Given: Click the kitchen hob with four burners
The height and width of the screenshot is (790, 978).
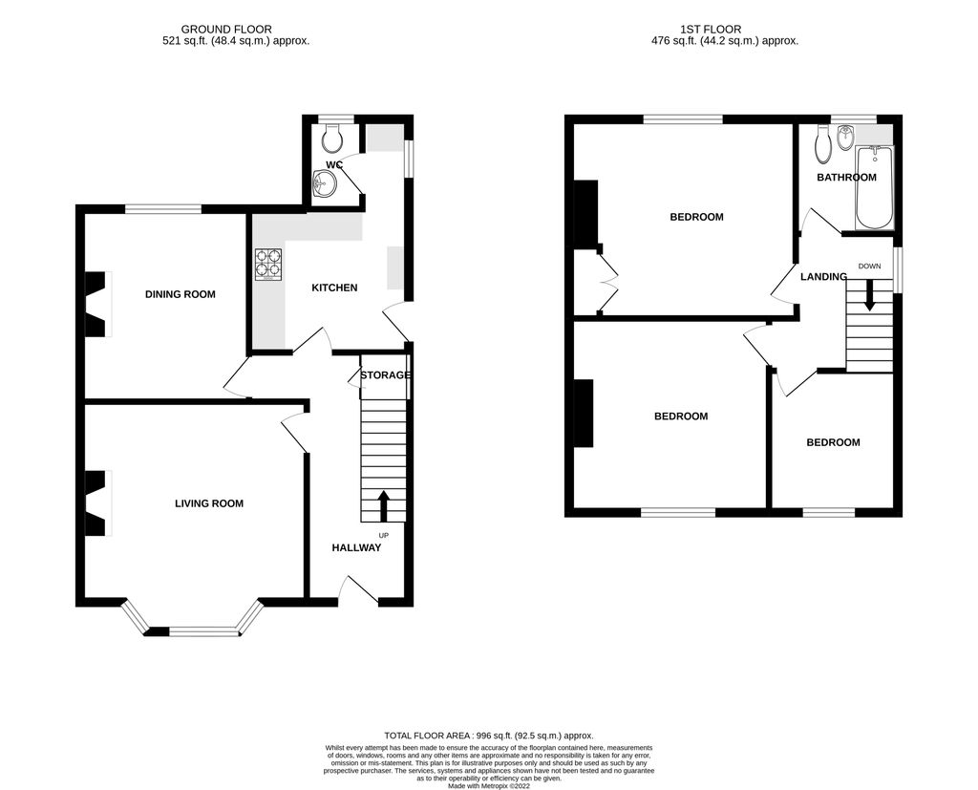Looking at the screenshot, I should point(267,265).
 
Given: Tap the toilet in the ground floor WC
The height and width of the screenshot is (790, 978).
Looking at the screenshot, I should point(332,140).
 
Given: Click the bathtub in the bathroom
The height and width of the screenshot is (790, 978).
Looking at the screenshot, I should point(874,188).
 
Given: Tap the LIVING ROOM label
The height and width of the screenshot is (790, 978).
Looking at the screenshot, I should point(208,503).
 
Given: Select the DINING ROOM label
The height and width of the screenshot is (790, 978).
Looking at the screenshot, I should point(180,294).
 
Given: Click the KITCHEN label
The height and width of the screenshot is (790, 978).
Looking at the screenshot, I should point(334,288).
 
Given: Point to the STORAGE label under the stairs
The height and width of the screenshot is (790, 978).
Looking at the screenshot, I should point(385,375).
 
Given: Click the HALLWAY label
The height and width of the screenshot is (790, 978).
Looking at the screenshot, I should point(356,547).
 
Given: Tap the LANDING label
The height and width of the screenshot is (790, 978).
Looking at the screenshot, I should point(823,277).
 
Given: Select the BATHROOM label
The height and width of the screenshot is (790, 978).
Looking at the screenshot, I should point(846,178).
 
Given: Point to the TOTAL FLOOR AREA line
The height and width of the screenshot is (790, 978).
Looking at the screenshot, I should point(487,736).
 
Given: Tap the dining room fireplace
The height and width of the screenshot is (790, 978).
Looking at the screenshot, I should point(97,305).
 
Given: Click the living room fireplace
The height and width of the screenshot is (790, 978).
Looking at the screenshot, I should point(97,503).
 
